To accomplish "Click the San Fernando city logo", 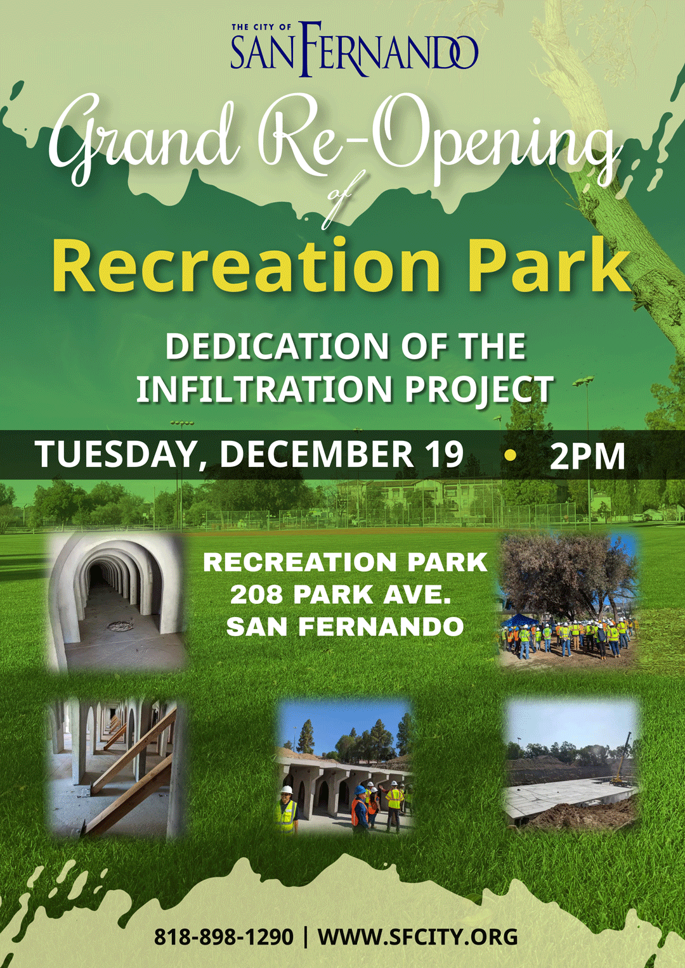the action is coord(355,49).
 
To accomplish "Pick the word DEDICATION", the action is coord(277,346).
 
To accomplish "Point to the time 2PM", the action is coord(587,455).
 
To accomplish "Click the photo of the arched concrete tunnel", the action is coord(117,602).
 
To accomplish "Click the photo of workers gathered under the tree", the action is coord(570,601).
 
